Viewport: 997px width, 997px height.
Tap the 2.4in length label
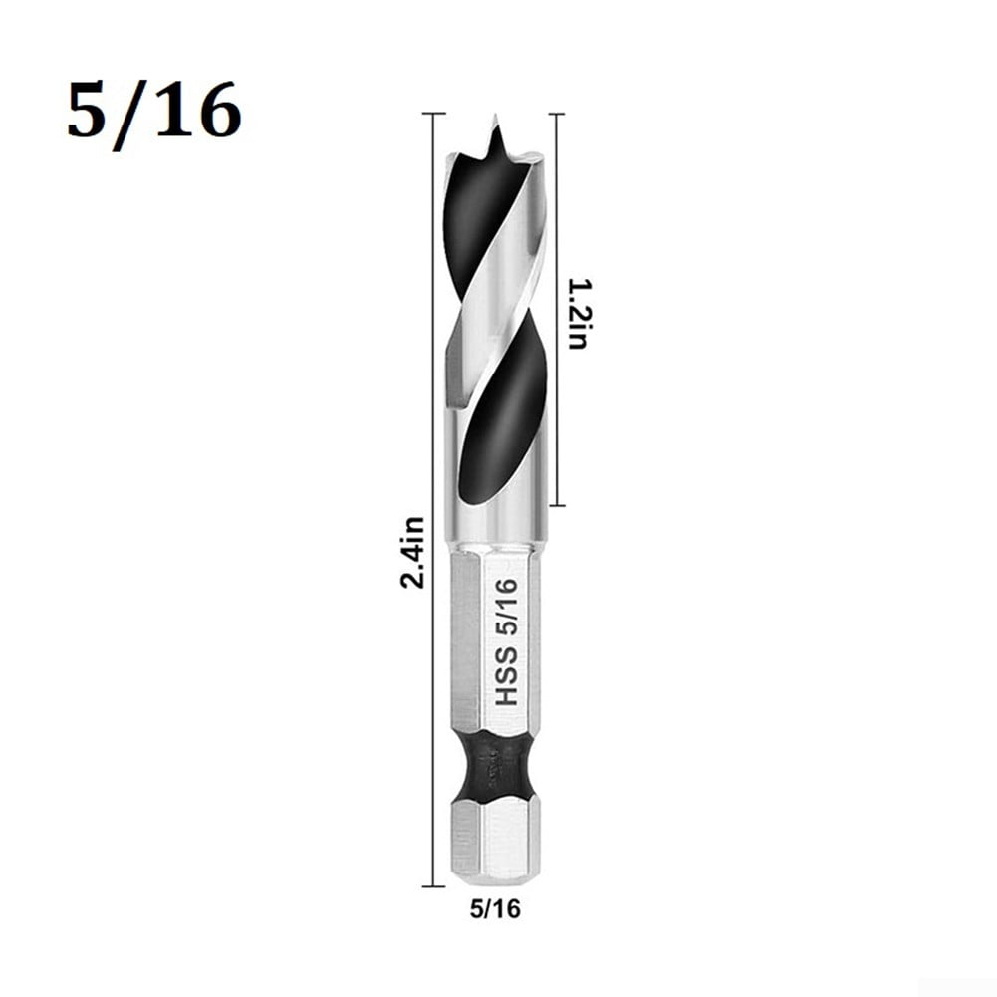(412, 552)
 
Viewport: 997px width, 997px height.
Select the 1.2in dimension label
(577, 313)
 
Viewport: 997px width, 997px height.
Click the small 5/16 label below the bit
(495, 908)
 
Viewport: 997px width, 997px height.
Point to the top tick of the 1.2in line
(556, 114)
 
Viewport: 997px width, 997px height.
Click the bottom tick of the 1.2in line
(556, 505)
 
